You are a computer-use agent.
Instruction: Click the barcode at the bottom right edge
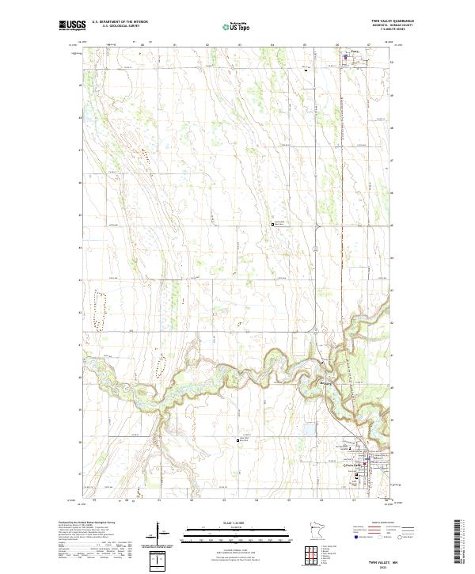(463, 542)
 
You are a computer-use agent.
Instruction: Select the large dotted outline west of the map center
(101, 309)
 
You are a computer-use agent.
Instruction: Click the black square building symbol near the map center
(274, 225)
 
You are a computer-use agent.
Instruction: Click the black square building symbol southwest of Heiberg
(236, 440)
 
